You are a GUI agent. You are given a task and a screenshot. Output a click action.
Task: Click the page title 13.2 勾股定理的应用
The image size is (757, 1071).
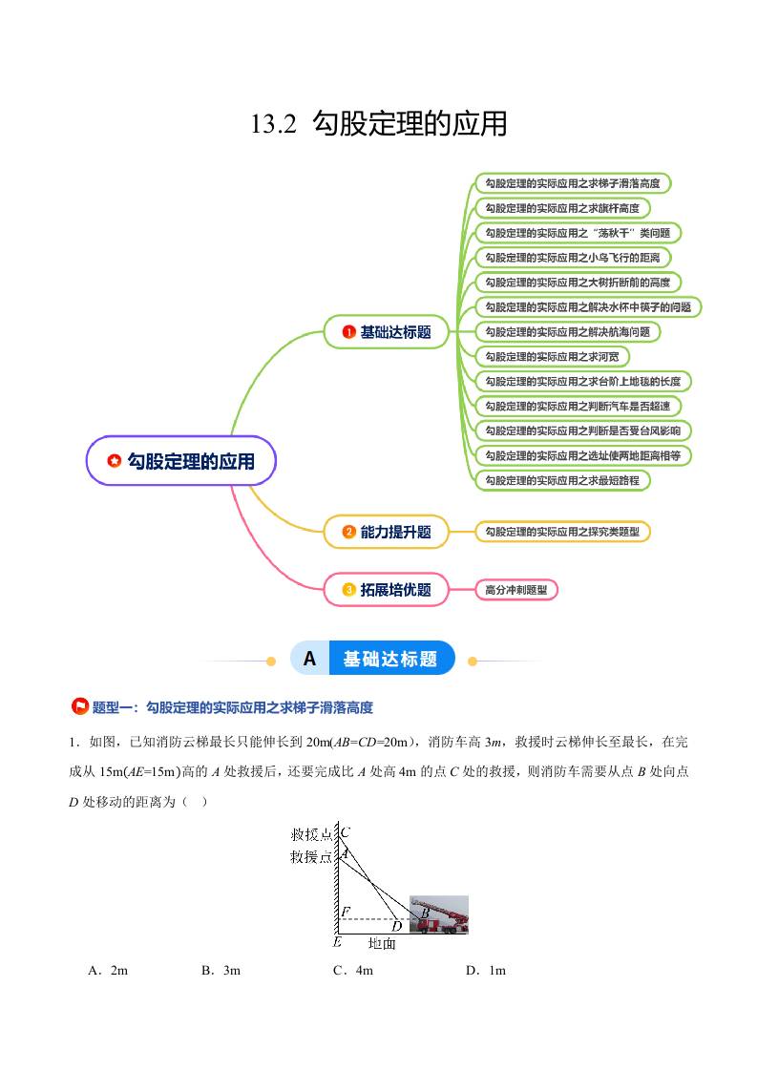coord(378,124)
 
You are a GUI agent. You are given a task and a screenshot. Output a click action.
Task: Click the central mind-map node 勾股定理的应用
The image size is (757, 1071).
coord(182,462)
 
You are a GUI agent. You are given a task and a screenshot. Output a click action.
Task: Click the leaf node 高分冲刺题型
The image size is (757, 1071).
coord(515,590)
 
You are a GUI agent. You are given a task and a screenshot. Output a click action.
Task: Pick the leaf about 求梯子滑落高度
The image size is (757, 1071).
coord(572,182)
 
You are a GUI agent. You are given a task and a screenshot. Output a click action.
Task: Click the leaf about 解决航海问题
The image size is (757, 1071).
coord(567,331)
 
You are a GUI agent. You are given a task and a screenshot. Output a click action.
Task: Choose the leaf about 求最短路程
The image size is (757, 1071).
coord(561,480)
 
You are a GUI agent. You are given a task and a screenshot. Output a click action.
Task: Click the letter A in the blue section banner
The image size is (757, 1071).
coord(309,659)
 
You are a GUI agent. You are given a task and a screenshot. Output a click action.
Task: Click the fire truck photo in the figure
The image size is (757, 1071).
coord(439,913)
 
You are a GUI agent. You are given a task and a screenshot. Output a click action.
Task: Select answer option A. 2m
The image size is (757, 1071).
coord(107,971)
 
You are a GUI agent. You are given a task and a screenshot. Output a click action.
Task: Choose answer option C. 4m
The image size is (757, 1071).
coord(352,971)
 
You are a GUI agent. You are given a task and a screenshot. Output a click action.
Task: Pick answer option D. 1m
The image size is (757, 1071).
coord(485,971)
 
